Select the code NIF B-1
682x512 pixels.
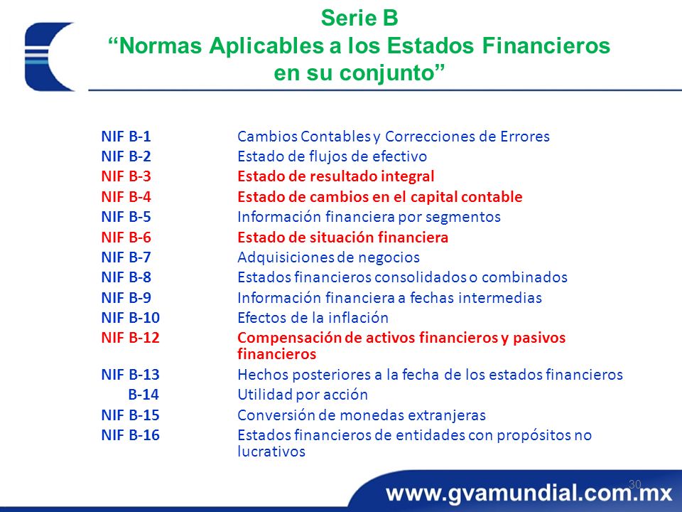point(126,137)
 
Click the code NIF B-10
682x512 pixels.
point(130,318)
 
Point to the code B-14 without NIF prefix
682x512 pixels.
point(144,395)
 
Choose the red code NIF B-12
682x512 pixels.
point(130,338)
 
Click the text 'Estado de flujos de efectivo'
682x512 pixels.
point(332,156)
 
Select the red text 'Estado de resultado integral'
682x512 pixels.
point(335,176)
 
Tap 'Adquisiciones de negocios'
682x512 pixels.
point(328,257)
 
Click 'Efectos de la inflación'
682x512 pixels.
point(313,318)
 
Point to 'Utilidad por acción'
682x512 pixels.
point(303,395)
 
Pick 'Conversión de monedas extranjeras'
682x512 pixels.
point(362,415)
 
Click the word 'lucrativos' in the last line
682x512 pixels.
point(271,451)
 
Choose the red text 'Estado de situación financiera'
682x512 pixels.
point(342,238)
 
